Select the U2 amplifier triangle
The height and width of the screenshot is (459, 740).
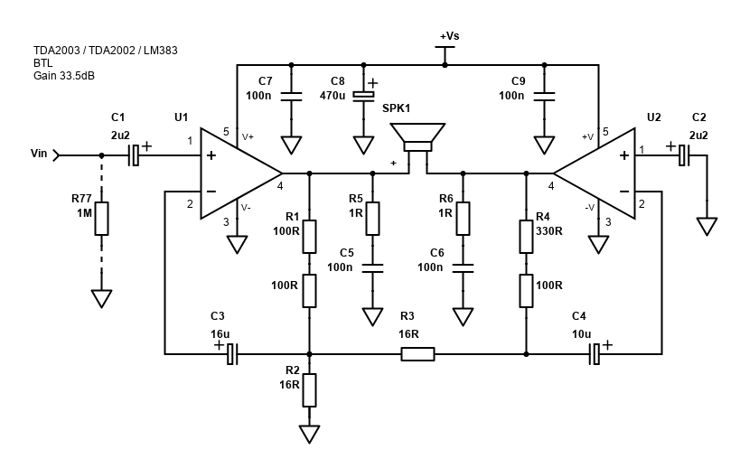click(599, 173)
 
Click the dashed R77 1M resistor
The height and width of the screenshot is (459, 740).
click(101, 219)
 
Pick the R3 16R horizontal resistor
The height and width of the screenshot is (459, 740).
click(417, 353)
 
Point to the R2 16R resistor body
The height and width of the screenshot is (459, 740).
click(309, 389)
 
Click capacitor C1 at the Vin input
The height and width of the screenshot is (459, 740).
click(134, 155)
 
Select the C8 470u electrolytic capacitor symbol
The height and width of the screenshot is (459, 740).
click(363, 96)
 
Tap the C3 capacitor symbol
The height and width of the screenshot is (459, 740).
click(231, 353)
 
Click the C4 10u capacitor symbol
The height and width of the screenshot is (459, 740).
click(595, 353)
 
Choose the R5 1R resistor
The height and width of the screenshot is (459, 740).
click(372, 218)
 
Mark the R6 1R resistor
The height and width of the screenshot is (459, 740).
click(463, 218)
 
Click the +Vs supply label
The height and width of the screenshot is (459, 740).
click(449, 36)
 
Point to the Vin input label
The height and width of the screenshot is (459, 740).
click(39, 154)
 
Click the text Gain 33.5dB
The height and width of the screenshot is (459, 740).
click(64, 75)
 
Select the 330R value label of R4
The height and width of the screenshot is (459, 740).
click(548, 230)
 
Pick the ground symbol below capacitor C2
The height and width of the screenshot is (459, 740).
click(707, 227)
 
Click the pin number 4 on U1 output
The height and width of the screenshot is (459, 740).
click(280, 186)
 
